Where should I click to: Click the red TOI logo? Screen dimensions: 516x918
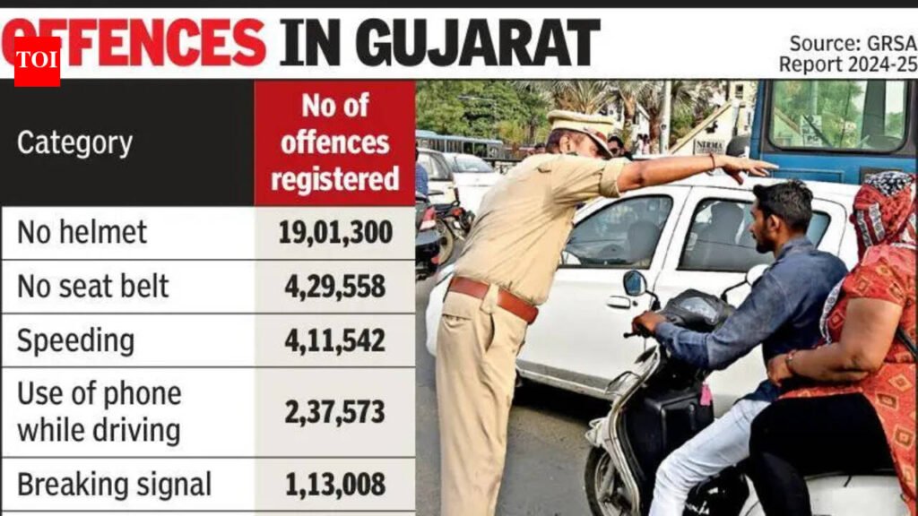point(37,61)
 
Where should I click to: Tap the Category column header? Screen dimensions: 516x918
point(74,143)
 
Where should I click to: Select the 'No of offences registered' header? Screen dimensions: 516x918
point(334,142)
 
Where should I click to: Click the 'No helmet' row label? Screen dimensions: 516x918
point(82,233)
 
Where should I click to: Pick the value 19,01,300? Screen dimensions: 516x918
point(334,233)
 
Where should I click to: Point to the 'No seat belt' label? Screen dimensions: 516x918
point(93,287)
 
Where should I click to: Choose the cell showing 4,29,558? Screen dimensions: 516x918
point(334,287)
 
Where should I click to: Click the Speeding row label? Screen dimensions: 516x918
point(75,340)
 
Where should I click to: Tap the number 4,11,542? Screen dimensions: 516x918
point(334,340)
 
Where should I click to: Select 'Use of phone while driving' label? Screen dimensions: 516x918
point(99,412)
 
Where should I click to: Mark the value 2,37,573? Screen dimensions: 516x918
point(334,412)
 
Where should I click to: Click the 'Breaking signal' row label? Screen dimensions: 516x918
point(114,485)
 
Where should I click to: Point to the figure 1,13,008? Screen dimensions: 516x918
point(334,485)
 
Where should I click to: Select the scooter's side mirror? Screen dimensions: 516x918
point(635,283)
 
